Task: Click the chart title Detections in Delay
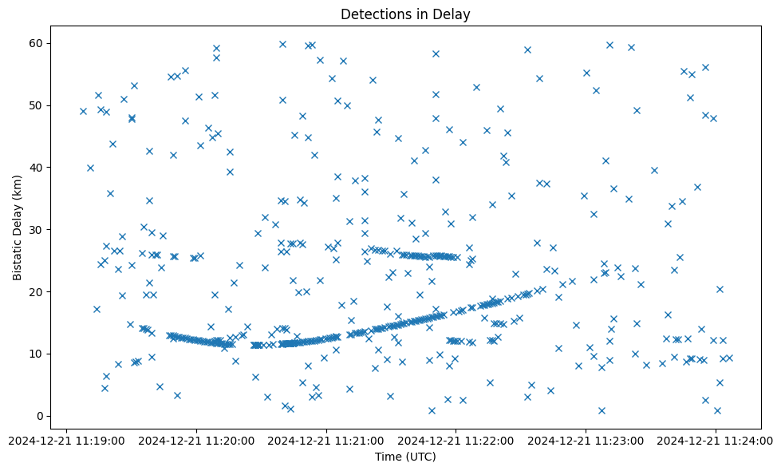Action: point(404,14)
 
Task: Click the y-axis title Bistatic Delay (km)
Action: point(18,222)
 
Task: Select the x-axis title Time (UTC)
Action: point(404,457)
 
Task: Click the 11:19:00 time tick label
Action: point(67,440)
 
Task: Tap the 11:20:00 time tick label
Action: point(196,440)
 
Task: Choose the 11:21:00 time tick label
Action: point(326,440)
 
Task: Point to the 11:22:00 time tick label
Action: point(456,440)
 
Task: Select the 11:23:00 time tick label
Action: point(586,440)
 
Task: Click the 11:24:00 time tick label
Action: point(716,440)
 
